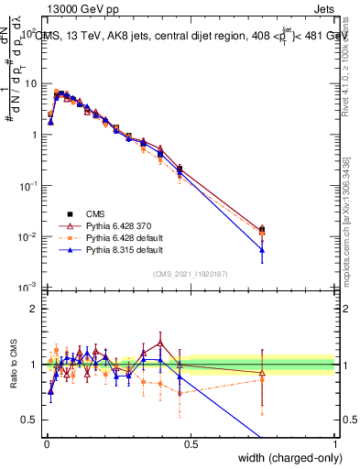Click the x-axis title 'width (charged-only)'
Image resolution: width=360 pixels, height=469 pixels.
tap(285, 459)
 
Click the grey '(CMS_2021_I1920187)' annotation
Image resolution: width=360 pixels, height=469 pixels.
tap(190, 273)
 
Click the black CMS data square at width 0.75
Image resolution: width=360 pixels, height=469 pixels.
tap(263, 229)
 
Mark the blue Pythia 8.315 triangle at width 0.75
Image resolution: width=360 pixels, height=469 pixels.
tap(263, 250)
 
